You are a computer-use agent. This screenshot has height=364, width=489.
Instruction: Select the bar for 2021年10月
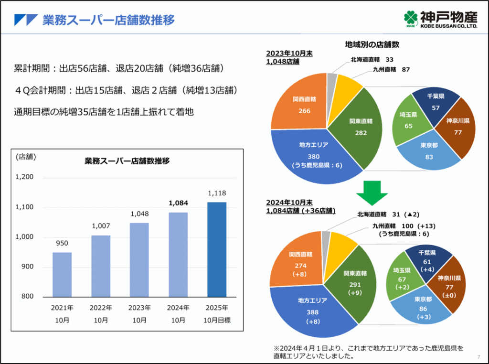click(x=62, y=274)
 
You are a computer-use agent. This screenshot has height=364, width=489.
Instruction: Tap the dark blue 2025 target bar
click(x=217, y=249)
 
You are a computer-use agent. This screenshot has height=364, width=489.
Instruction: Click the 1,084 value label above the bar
click(x=178, y=203)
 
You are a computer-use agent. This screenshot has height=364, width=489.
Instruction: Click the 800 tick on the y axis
click(x=27, y=296)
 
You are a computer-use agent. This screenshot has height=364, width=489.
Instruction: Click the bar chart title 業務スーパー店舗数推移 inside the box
click(x=127, y=161)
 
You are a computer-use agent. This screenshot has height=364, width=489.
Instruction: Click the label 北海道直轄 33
click(x=372, y=60)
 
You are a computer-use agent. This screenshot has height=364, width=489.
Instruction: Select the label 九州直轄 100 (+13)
click(x=404, y=225)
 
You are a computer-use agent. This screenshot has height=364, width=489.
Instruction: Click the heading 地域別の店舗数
click(x=372, y=44)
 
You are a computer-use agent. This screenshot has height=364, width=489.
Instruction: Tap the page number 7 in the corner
click(x=478, y=357)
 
